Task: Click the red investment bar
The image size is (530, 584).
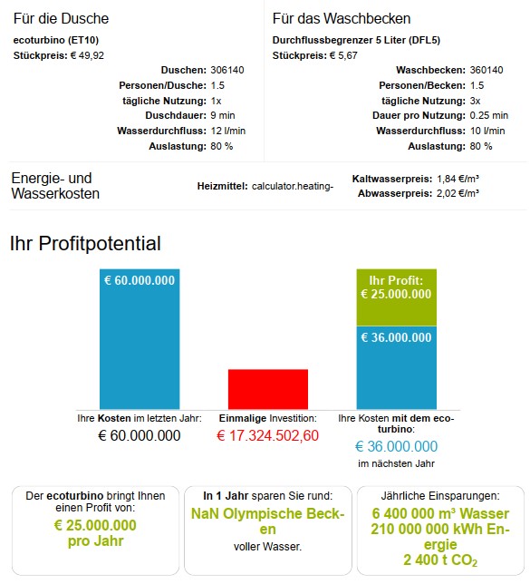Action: point(268,389)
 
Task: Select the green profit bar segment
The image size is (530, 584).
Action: point(397,297)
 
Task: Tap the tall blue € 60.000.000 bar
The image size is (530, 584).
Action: point(140,339)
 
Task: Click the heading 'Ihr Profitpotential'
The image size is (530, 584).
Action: point(85,243)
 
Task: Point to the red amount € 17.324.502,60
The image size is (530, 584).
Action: point(267,435)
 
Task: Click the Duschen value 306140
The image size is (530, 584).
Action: point(227,70)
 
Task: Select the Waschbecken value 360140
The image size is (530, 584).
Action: point(487,70)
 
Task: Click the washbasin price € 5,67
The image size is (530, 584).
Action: point(343,55)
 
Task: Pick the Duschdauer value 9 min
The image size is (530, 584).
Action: point(223,115)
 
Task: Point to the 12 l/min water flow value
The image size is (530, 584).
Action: point(227,131)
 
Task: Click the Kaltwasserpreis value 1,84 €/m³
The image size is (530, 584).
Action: point(458,179)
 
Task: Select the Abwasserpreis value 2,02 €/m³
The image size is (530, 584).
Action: point(458,193)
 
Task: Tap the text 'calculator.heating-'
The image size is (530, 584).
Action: point(293,186)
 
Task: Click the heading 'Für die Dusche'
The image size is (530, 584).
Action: point(61,19)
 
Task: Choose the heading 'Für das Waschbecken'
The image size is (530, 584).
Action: point(342,19)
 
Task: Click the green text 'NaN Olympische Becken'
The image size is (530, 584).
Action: point(267,521)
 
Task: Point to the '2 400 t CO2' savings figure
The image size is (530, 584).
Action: point(440,560)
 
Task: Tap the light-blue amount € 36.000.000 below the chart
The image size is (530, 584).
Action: point(397,446)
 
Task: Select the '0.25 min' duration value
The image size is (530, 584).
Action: point(488,115)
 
